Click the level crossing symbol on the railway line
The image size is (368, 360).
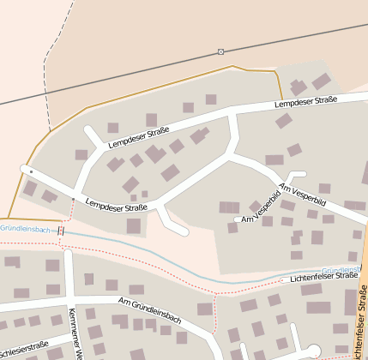pos(221,52)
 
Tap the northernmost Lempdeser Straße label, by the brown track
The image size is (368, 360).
pos(305,103)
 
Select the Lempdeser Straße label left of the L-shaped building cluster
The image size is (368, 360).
pos(137,138)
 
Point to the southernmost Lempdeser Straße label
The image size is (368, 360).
pos(117,206)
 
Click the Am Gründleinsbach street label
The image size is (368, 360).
pos(151,310)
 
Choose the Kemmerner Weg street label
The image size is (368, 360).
pos(75,335)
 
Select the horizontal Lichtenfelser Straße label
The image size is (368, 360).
pos(323,277)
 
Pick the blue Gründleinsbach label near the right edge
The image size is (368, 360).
pos(341,269)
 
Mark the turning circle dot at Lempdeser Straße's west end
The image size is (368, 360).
pos(31,172)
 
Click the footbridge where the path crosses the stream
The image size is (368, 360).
pos(61,231)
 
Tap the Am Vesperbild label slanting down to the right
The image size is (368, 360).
pos(302,194)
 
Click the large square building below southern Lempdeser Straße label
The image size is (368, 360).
pos(134,225)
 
